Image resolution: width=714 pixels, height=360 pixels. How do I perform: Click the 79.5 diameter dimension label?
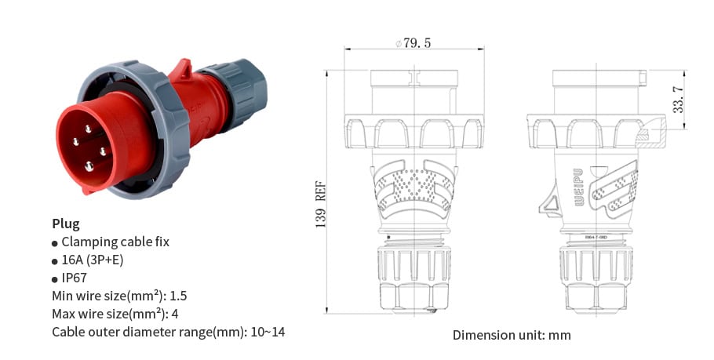point(413,43)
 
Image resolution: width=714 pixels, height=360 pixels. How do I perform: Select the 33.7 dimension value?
point(679,99)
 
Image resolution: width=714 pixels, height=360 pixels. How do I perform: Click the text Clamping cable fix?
point(115,242)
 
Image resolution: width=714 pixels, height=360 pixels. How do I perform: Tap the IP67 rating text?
point(75,278)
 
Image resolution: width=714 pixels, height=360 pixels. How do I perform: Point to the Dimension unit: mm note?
point(512,335)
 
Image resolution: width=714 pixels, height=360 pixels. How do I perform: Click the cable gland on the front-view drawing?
point(413,278)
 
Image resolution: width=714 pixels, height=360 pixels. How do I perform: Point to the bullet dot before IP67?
point(55,278)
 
